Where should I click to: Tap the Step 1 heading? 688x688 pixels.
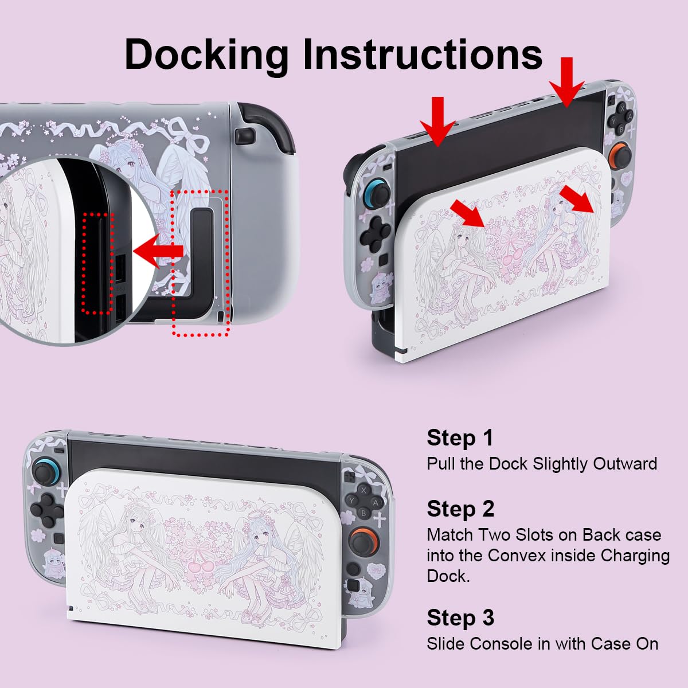(x=460, y=438)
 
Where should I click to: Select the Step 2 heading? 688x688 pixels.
(x=460, y=509)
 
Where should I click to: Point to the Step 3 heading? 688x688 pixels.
(x=460, y=617)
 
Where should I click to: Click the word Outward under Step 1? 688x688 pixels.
(x=625, y=464)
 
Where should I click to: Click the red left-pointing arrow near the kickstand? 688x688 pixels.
(x=158, y=251)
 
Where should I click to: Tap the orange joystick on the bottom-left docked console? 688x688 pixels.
(x=364, y=542)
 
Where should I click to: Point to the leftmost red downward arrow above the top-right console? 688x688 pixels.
(x=438, y=122)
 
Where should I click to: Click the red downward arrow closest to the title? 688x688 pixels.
(x=566, y=82)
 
